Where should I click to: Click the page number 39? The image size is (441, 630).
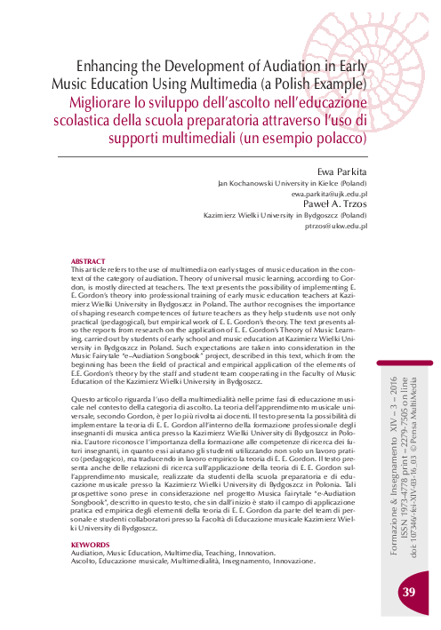coord(410,591)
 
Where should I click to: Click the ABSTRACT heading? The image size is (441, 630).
coord(88,260)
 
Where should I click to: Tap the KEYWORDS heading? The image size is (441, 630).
coord(90,544)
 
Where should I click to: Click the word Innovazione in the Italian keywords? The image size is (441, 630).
coord(289,561)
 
